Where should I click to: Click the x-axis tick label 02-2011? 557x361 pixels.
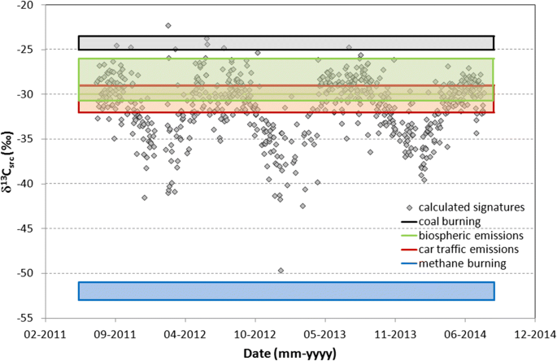pos(44,333)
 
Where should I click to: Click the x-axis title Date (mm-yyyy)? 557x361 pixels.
pos(289,352)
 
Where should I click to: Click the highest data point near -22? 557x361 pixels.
pos(168,26)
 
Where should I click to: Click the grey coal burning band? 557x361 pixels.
pos(285,42)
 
